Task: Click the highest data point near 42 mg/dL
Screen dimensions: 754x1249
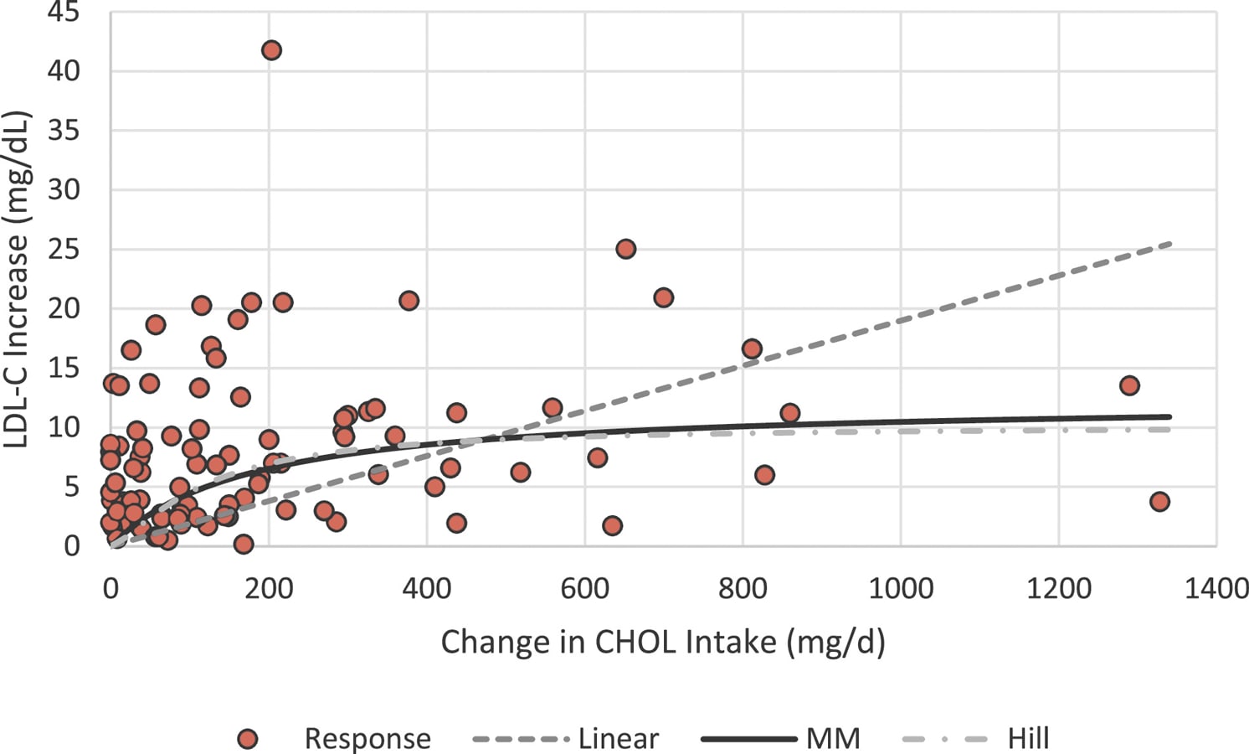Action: pos(271,50)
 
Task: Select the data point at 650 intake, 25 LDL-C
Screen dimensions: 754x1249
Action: pos(625,249)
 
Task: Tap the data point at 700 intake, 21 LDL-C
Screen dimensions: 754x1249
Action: pos(663,297)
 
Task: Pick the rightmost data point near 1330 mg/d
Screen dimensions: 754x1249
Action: pos(1159,502)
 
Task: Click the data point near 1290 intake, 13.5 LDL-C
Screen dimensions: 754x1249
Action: pos(1129,385)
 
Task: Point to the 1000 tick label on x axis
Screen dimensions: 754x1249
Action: pos(900,589)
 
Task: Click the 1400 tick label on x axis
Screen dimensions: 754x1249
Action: pos(1216,589)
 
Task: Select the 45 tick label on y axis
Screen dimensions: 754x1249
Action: pos(63,13)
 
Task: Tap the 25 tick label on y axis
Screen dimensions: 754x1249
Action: pos(63,250)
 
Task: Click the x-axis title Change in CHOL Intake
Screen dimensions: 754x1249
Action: pos(662,643)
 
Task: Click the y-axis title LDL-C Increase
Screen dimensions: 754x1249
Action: pos(17,280)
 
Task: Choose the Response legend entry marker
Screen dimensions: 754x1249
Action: pos(247,739)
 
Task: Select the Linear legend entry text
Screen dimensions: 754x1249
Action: pos(618,739)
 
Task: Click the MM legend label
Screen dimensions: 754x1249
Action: pos(833,739)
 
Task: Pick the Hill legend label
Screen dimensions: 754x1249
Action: pos(1028,739)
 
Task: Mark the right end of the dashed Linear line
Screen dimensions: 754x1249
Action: pos(1169,244)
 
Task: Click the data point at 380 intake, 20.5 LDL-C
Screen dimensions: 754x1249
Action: pos(409,301)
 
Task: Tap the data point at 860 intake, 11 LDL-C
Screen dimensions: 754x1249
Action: pos(789,413)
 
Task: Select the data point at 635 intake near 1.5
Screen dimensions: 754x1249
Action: pos(612,526)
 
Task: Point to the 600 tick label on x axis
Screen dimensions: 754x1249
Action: pos(584,589)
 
